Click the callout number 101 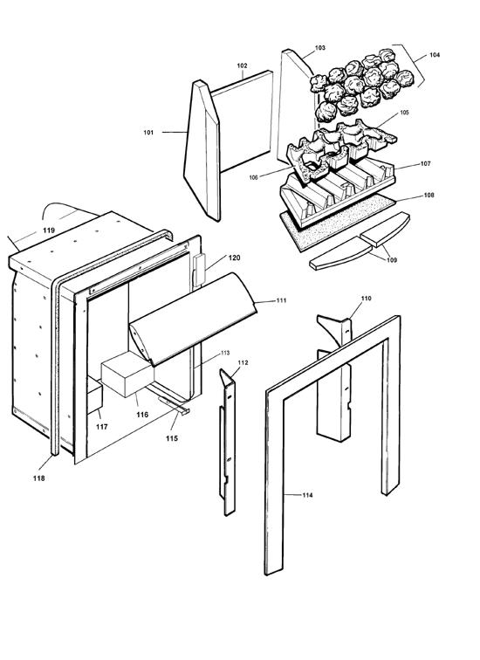[x=148, y=133]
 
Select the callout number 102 [x=242, y=65]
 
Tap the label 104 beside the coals [x=435, y=55]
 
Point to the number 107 [x=425, y=164]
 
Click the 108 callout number [x=429, y=196]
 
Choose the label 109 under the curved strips [x=391, y=260]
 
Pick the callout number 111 [x=281, y=300]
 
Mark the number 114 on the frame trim [x=307, y=495]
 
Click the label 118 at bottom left [x=38, y=478]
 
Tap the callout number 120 [x=234, y=258]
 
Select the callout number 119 [x=49, y=230]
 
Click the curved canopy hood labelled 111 [x=192, y=319]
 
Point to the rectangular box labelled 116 [x=127, y=375]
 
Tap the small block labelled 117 [x=94, y=395]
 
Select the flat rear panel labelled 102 [x=243, y=121]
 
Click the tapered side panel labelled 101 [x=202, y=150]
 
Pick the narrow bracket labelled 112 [x=227, y=442]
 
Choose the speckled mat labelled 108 [x=338, y=223]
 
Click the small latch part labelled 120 [x=199, y=271]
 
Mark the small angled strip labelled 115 [x=174, y=405]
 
